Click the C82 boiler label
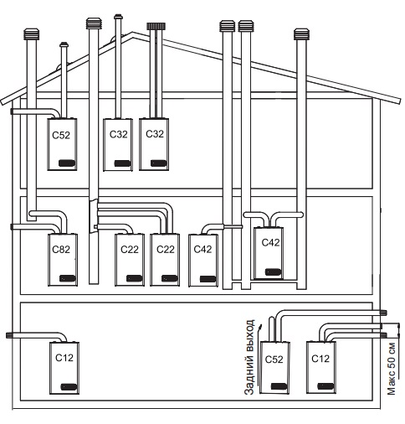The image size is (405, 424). click(x=61, y=250)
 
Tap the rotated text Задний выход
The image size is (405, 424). click(x=249, y=357)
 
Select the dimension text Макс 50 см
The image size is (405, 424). click(x=392, y=368)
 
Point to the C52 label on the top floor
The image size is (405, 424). click(x=61, y=135)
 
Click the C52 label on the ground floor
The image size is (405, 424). click(x=274, y=359)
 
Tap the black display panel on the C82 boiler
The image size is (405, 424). click(x=68, y=278)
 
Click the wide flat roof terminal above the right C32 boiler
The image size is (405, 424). click(x=156, y=26)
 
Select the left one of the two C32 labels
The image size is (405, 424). click(x=119, y=134)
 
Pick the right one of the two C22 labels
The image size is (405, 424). click(x=166, y=249)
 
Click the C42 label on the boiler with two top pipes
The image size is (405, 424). click(x=270, y=242)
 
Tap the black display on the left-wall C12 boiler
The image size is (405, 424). click(x=69, y=387)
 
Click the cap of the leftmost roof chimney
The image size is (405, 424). click(x=31, y=34)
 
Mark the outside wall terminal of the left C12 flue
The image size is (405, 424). click(x=8, y=335)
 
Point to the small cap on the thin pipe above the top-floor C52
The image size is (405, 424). click(x=64, y=44)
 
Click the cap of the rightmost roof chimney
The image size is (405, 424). click(x=301, y=34)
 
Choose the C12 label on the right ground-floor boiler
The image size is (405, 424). click(x=320, y=359)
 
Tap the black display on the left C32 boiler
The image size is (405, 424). click(x=122, y=163)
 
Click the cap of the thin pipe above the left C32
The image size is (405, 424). click(x=118, y=17)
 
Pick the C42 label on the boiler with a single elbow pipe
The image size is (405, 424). click(x=202, y=249)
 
